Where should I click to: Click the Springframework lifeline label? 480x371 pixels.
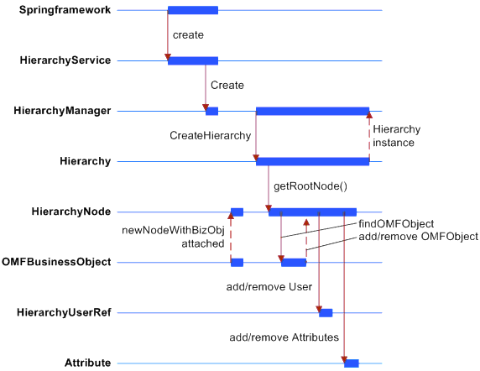pos(65,10)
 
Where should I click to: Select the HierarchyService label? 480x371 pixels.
pos(65,60)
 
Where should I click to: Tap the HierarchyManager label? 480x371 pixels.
pos(62,111)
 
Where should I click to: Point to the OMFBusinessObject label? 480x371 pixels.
pos(56,262)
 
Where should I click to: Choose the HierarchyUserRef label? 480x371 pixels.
pos(64,312)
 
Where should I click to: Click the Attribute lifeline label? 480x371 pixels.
pos(87,363)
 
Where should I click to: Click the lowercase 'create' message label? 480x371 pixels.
pos(188,35)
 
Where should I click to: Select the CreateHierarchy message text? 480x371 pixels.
pos(211,136)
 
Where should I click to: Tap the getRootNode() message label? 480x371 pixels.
pos(310,186)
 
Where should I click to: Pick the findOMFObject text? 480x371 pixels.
pos(396,224)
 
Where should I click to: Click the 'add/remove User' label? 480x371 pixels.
pos(269,287)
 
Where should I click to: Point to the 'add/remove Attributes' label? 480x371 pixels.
pos(284,337)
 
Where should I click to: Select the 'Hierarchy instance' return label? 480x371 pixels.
pos(396,136)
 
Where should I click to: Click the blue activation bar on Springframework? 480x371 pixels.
pos(193,10)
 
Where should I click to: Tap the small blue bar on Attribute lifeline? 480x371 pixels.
pos(351,363)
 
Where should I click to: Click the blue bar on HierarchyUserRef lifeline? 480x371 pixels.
pos(326,313)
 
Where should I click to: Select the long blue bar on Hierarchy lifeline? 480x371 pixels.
pos(312,162)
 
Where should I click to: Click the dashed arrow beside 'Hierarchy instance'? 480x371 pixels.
pos(369,136)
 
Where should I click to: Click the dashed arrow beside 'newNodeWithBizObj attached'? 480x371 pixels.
pos(231,238)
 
